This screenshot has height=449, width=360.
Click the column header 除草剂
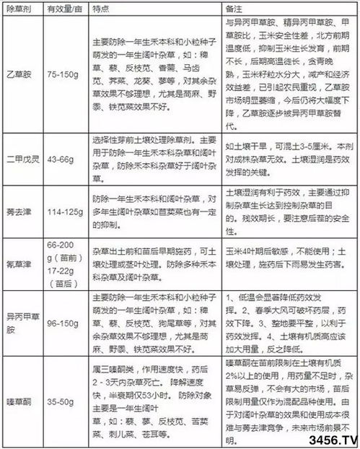pyautogui.click(x=19, y=6)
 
